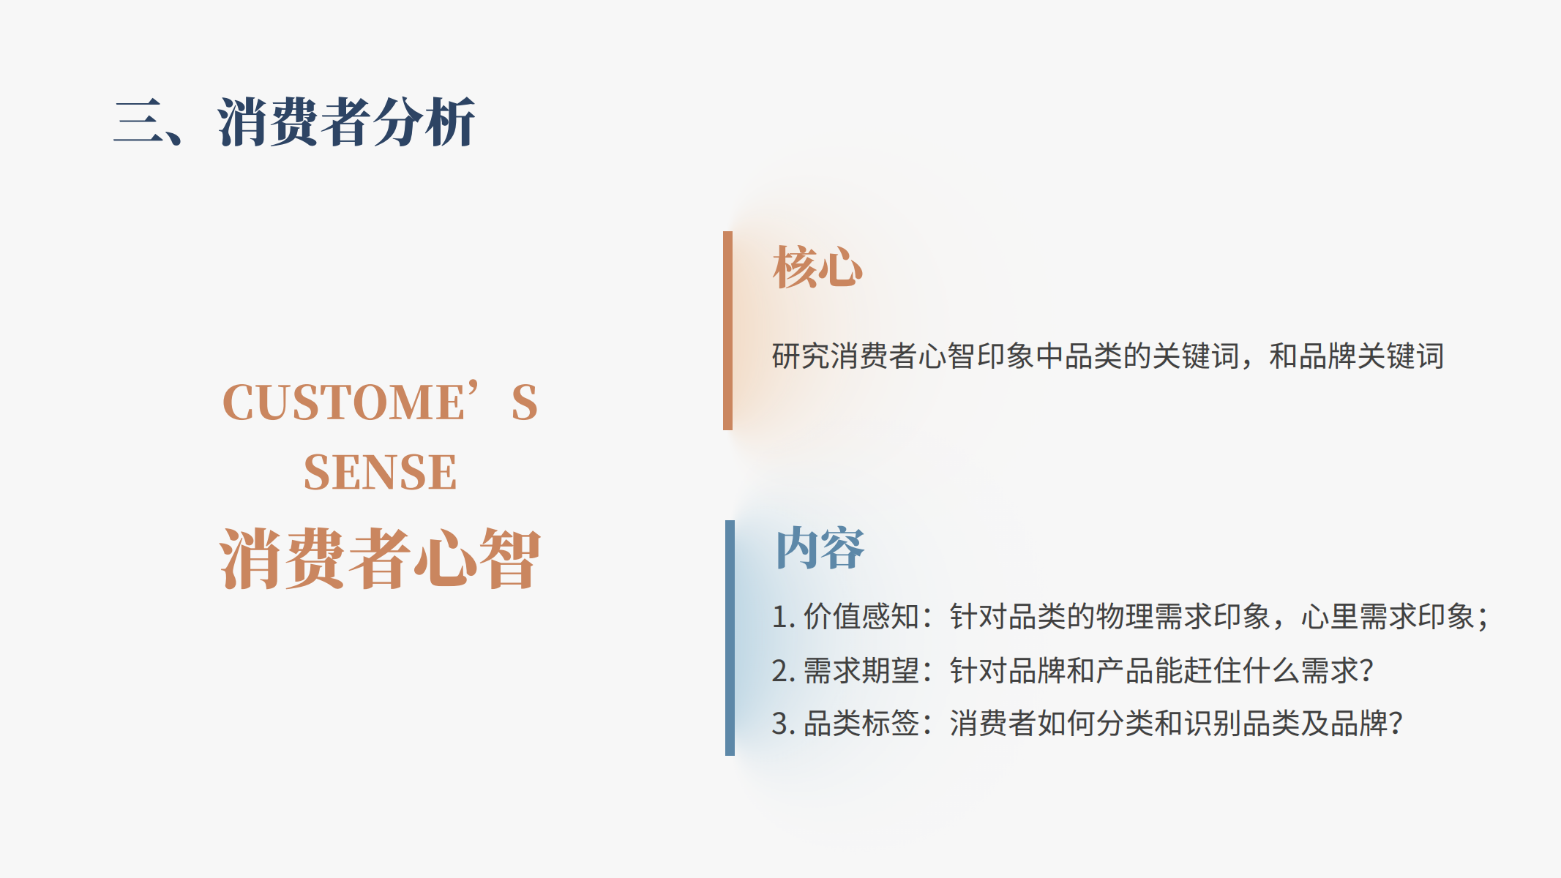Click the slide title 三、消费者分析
click(294, 122)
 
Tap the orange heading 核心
click(817, 267)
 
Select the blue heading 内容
click(820, 548)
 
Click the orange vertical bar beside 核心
click(727, 331)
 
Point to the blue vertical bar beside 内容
click(730, 638)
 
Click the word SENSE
click(380, 472)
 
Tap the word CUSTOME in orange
click(343, 402)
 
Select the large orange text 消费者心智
click(380, 558)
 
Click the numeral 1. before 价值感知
click(783, 617)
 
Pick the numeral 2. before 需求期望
click(783, 670)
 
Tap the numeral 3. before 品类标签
click(783, 724)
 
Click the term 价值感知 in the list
click(861, 616)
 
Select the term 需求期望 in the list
click(861, 670)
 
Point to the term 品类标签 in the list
click(861, 724)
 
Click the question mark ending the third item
click(1396, 724)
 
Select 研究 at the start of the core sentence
click(801, 356)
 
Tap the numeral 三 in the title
click(139, 122)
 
